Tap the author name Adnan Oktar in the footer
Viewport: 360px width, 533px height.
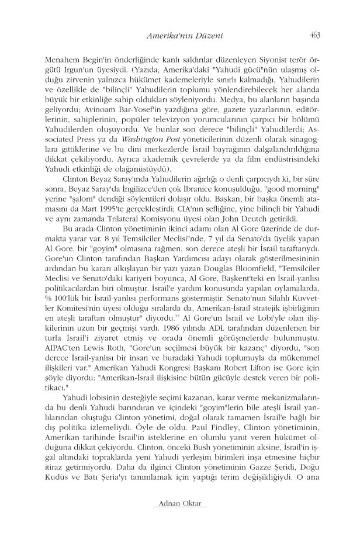179,503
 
